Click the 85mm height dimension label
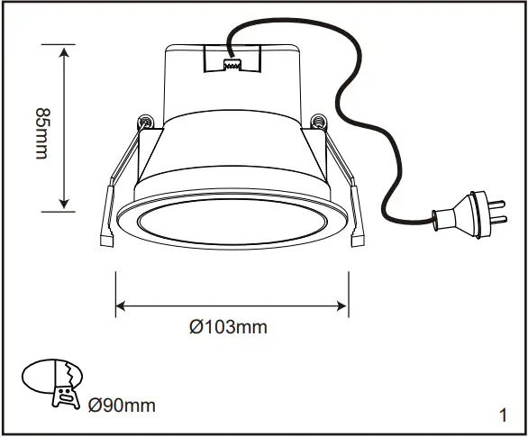41,132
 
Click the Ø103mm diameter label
229,327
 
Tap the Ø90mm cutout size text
123,405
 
